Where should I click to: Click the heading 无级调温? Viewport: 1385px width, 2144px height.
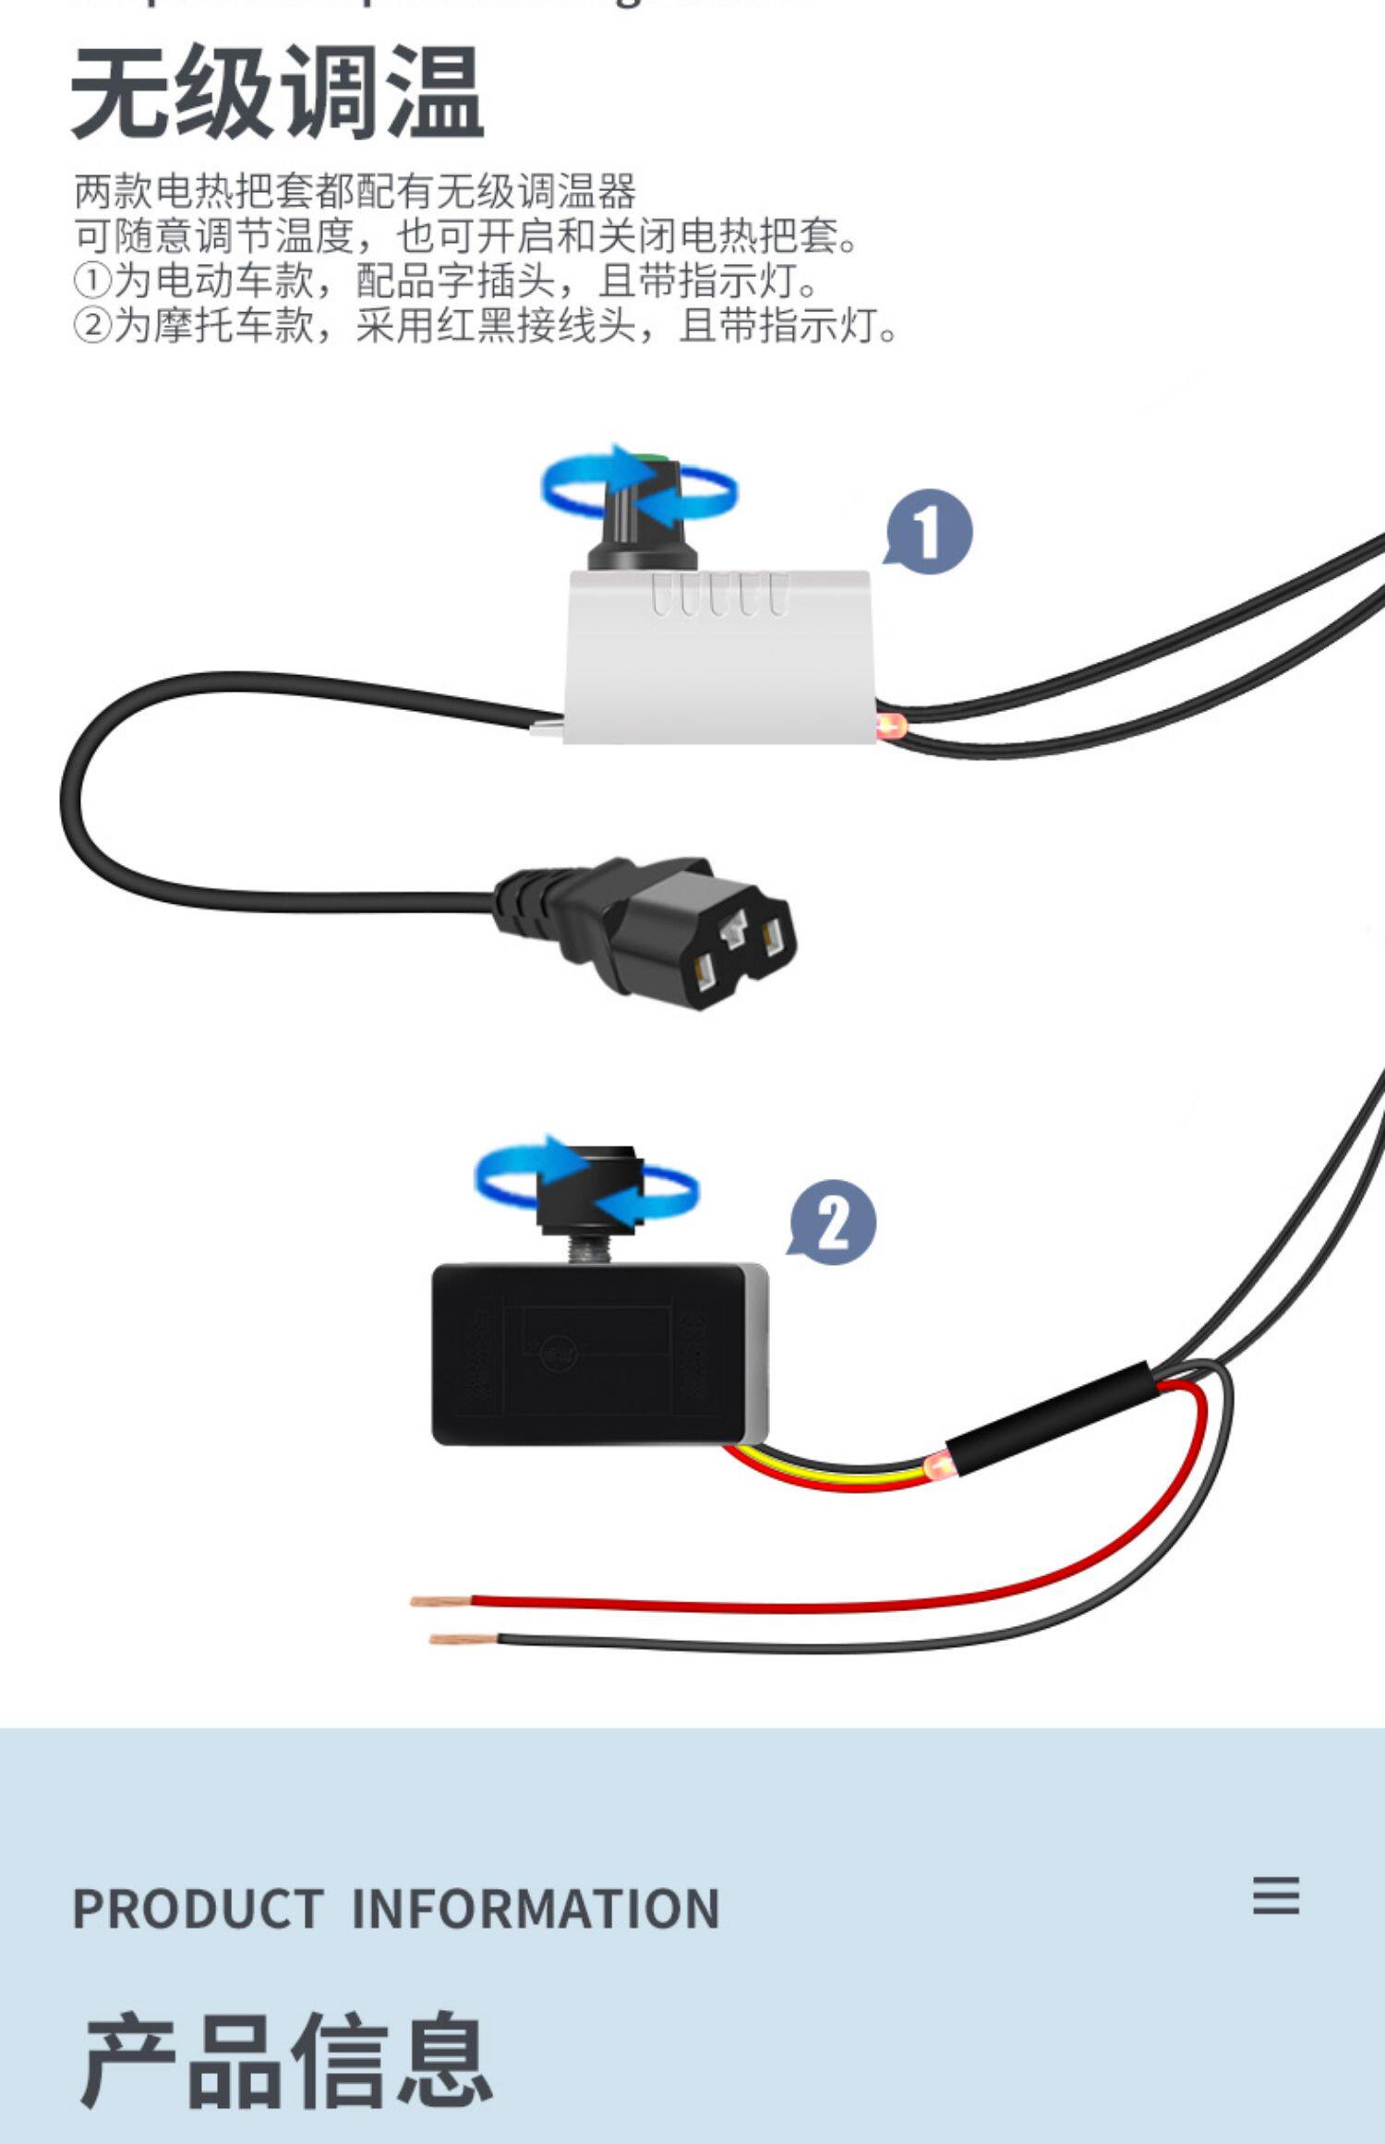[x=277, y=92]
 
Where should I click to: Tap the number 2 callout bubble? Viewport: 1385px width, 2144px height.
[x=834, y=1223]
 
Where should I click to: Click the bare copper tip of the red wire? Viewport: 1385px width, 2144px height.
[x=440, y=1600]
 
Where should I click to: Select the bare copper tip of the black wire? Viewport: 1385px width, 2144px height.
[x=462, y=1639]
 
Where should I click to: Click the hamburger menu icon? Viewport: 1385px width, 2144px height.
[x=1275, y=1896]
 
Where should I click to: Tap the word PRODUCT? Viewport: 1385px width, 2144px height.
[x=198, y=1909]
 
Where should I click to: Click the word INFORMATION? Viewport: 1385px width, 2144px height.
[x=535, y=1909]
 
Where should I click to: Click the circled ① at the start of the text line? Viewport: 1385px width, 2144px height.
[x=92, y=281]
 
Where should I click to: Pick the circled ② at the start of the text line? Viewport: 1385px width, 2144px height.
[x=92, y=325]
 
